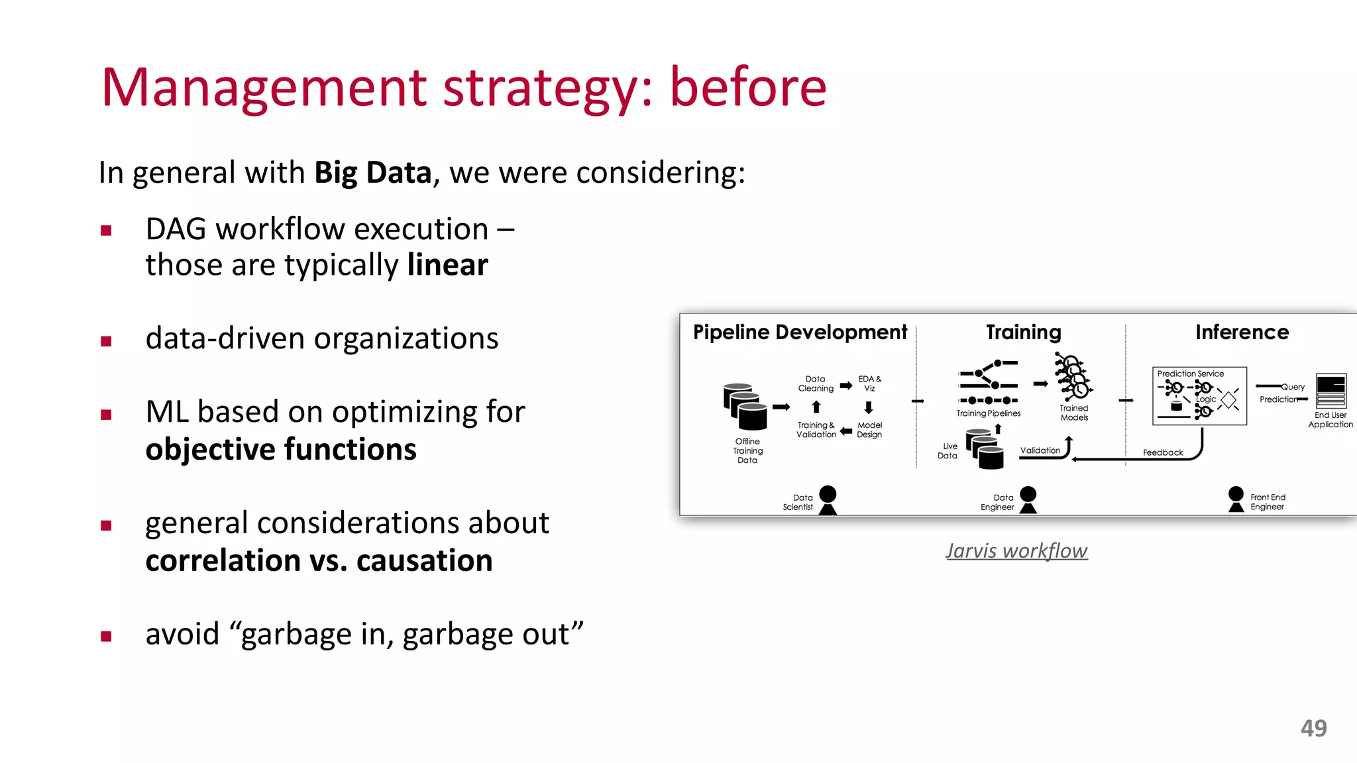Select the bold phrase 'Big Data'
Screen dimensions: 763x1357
(x=373, y=173)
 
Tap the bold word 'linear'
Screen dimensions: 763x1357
(x=447, y=265)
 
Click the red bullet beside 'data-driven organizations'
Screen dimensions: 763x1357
(x=106, y=341)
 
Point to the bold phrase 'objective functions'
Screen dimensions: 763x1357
(x=281, y=450)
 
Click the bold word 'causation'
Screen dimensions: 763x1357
(x=424, y=561)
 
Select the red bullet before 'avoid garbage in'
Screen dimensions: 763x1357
(x=106, y=636)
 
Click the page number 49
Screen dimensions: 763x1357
(x=1313, y=728)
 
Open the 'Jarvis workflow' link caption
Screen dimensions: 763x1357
(x=1016, y=550)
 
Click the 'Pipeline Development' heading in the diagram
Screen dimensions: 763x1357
(x=800, y=332)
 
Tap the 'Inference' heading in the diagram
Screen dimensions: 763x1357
(x=1242, y=332)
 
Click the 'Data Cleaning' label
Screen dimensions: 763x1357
(x=816, y=383)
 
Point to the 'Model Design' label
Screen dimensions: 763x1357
(x=869, y=430)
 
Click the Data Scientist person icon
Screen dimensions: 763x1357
(x=828, y=500)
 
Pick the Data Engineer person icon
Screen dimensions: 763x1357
(x=1028, y=500)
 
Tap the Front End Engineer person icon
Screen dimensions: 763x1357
(x=1236, y=499)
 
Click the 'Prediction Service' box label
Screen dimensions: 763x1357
(x=1190, y=374)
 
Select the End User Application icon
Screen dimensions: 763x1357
(x=1330, y=391)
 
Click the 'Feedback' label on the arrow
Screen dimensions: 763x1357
(x=1162, y=452)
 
